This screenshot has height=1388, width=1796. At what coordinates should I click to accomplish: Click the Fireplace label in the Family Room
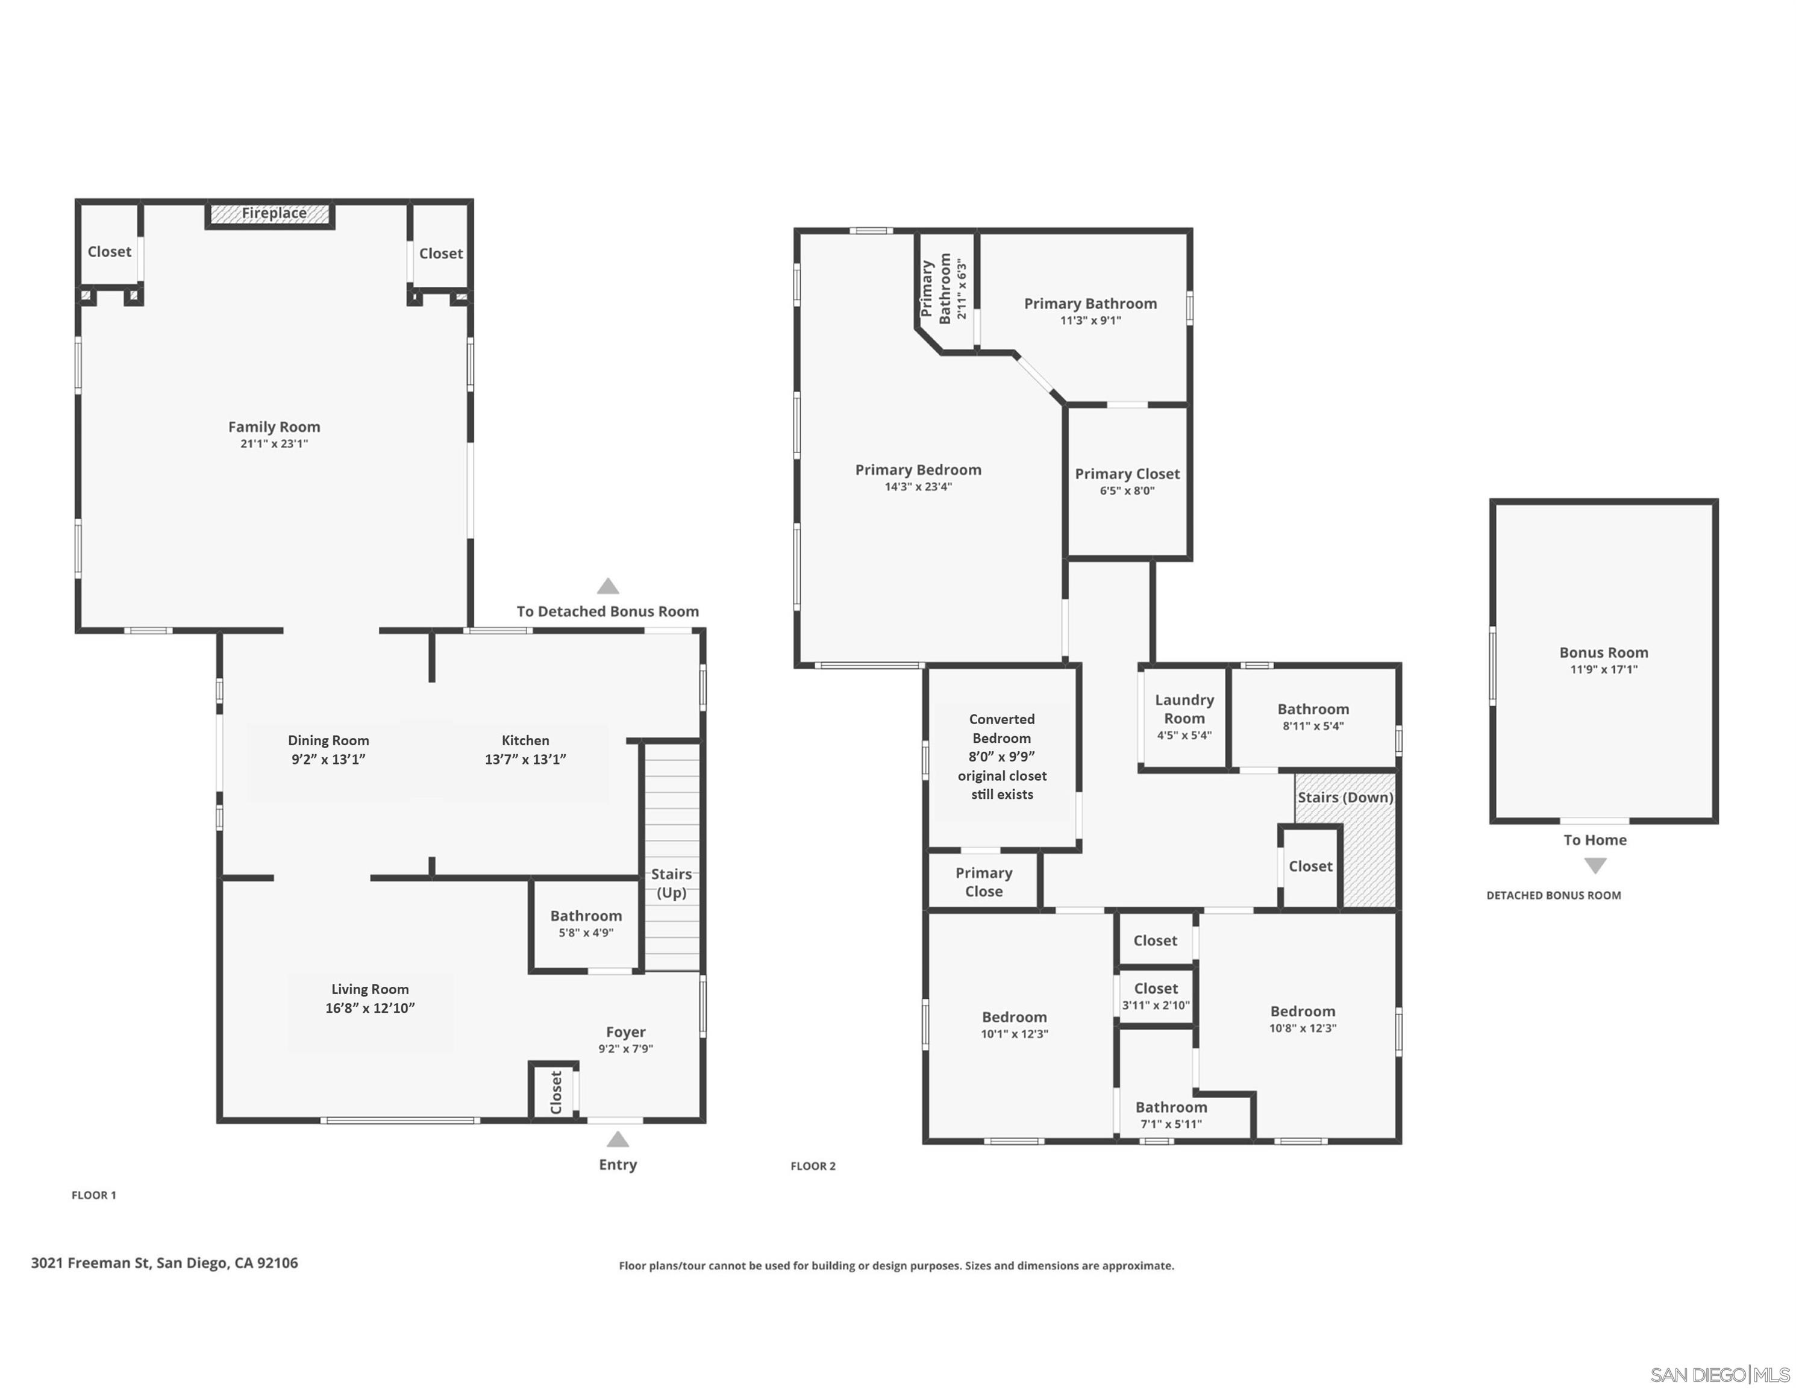(x=274, y=214)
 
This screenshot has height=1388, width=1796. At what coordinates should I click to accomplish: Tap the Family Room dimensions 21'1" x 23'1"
(x=274, y=444)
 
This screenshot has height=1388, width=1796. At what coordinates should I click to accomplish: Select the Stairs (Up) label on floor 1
(x=671, y=883)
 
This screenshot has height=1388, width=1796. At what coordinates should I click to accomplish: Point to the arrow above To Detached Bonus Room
(x=608, y=586)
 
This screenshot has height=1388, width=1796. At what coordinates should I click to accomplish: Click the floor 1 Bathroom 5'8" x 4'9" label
(x=586, y=924)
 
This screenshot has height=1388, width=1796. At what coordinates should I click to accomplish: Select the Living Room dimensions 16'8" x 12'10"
(x=370, y=1008)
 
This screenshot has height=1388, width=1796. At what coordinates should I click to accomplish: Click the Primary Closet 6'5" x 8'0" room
(x=1127, y=482)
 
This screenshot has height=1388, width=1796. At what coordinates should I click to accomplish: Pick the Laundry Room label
(x=1184, y=709)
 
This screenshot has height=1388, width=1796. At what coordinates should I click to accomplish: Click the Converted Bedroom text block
(x=1001, y=757)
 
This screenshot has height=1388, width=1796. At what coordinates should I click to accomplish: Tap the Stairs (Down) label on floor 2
(x=1345, y=798)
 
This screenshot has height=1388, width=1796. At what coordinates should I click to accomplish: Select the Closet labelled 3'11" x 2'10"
(x=1156, y=996)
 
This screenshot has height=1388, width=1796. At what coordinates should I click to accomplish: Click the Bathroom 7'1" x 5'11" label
(x=1171, y=1115)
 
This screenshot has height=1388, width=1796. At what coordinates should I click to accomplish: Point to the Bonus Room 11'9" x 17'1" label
(x=1604, y=660)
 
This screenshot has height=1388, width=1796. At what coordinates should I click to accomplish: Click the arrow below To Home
(x=1595, y=866)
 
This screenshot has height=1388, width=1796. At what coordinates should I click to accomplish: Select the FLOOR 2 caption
(x=813, y=1166)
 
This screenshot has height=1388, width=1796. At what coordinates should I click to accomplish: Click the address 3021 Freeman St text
(x=164, y=1263)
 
